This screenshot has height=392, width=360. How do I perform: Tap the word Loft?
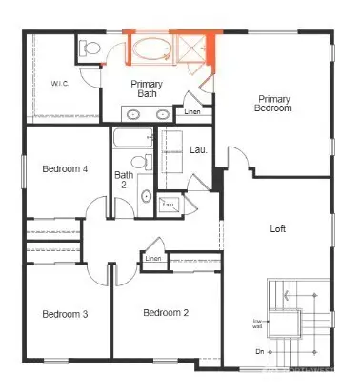278,228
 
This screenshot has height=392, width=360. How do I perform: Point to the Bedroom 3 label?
65,314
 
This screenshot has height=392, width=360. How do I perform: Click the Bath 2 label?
125,180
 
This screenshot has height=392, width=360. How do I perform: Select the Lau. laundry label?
199,149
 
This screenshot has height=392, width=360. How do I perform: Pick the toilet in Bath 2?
139,161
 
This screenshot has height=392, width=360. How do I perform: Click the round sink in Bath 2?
145,196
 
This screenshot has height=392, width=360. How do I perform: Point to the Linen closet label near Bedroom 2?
152,258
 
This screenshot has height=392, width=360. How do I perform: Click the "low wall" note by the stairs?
257,323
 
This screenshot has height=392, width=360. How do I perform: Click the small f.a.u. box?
195,204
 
